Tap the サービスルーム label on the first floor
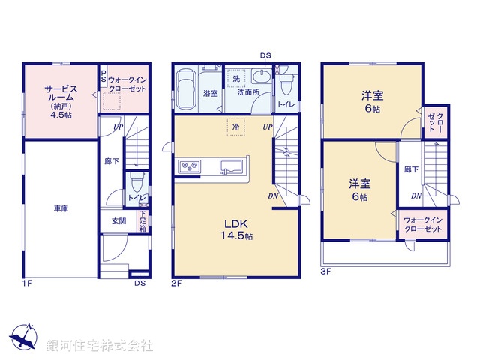click(58, 92)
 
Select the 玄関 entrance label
click(119, 220)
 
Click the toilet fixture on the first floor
click(136, 183)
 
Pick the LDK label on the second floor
click(238, 223)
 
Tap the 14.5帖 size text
click(239, 235)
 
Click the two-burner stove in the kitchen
click(188, 166)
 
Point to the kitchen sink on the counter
click(230, 165)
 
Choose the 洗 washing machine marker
click(235, 79)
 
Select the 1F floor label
click(27, 283)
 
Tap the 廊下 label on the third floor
click(411, 170)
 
